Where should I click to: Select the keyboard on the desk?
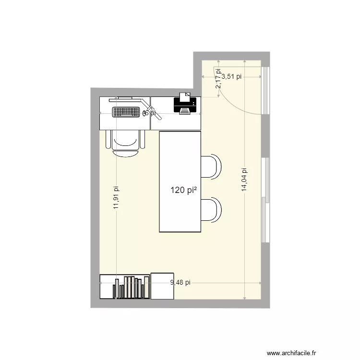(126, 112)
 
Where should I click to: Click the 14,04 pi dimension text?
(244, 180)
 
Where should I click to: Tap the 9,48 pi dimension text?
(180, 282)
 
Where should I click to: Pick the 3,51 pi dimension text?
(231, 76)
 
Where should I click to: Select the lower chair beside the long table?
(211, 210)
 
